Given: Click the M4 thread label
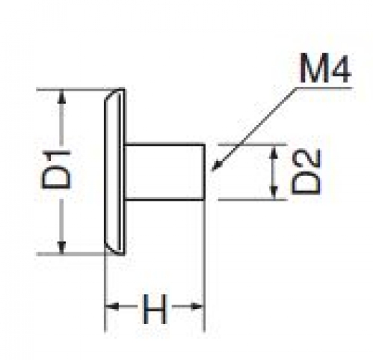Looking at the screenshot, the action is point(325,68).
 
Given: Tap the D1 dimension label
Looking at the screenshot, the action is point(56,169).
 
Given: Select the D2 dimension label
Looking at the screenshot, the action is point(306,171).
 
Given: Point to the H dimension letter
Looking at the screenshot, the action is point(154,308).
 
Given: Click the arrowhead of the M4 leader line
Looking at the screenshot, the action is point(216,165).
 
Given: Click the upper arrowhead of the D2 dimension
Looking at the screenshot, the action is point(274,151).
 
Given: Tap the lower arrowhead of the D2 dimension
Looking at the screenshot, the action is point(274,192).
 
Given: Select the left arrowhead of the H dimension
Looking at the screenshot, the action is point(111,306).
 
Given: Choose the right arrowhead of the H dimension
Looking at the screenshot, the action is point(197,306).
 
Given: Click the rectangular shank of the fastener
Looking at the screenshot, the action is point(164,172).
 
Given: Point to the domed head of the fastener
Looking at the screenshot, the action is point(114,171).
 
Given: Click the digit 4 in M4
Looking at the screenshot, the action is point(340,69).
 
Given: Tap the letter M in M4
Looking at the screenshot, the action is point(313,68).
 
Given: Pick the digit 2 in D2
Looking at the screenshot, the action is point(306,159).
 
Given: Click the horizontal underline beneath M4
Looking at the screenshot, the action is point(324,88).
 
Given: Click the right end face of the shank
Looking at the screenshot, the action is point(205,172).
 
